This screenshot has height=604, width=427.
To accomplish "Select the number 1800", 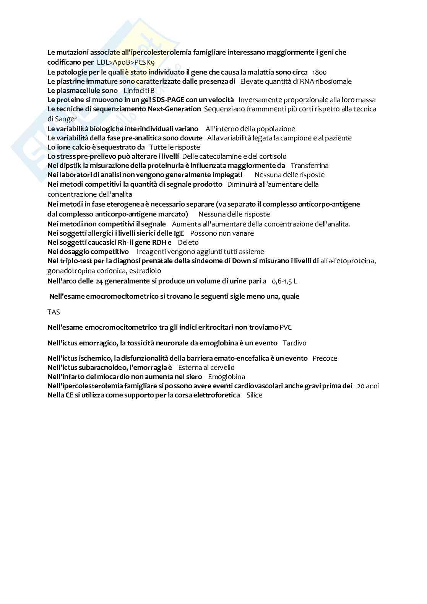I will coord(319,72).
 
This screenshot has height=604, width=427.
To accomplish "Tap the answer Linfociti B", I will coord(139,91).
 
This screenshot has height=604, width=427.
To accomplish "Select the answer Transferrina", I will coord(310,166).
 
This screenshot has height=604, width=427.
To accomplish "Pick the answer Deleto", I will coord(188,243).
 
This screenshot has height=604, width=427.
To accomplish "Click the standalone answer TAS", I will coord(54,312).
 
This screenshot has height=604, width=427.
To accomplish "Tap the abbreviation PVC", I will coord(286,327).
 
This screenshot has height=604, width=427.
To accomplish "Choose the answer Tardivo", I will coord(294,343).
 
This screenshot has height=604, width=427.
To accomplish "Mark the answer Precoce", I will coord(325,358).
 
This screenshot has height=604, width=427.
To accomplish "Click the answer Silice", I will coord(254,395).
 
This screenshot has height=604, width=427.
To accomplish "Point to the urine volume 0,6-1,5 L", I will coord(284,282).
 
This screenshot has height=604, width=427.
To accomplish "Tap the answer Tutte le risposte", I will coord(175,147).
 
